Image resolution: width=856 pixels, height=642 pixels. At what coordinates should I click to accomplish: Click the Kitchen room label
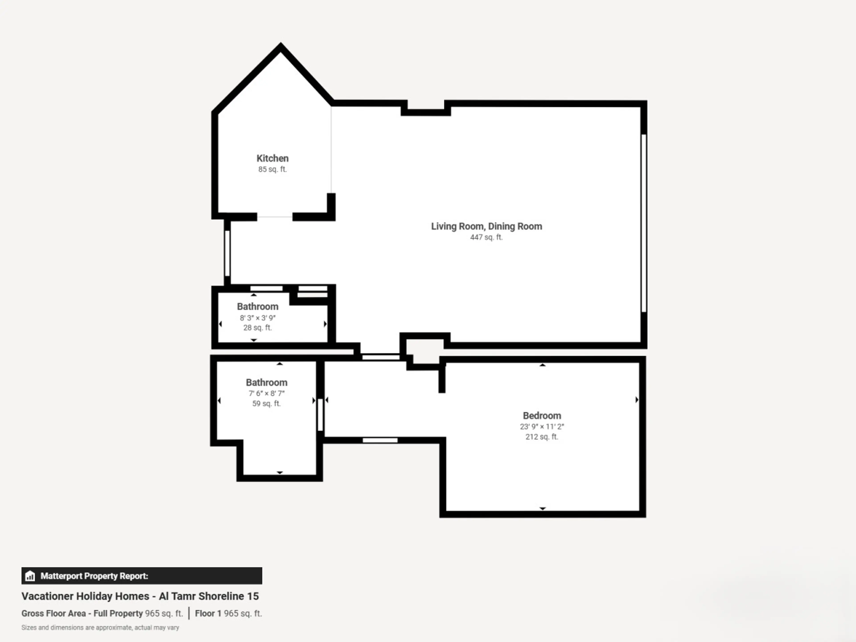[x=272, y=158]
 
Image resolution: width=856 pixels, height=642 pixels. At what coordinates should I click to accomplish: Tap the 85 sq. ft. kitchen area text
[x=272, y=169]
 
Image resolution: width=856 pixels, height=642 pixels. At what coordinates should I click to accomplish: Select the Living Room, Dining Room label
[x=486, y=226]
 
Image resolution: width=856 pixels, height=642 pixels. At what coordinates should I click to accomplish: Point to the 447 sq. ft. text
[x=486, y=237]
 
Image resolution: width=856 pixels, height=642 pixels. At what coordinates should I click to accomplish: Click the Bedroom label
[x=542, y=416]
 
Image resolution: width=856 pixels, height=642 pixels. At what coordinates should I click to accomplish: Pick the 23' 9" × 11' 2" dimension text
[x=542, y=426]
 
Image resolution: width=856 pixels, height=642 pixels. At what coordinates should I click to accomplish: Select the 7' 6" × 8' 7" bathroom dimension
[x=267, y=393]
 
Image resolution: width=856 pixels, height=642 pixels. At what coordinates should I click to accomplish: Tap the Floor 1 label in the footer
[x=208, y=613]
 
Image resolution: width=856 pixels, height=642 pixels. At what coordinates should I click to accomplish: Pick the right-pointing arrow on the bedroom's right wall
[x=637, y=400]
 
